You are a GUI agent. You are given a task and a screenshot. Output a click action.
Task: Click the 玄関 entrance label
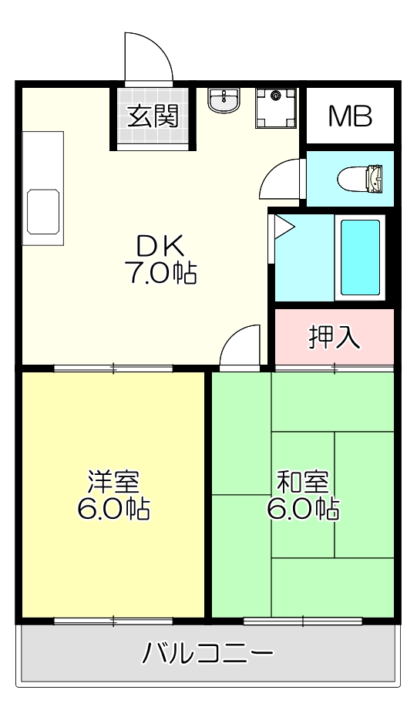(153, 116)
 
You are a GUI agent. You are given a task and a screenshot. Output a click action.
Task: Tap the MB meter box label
(350, 116)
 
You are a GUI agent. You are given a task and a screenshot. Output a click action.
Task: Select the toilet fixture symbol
(361, 179)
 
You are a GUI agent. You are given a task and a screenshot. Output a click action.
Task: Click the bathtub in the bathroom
(360, 258)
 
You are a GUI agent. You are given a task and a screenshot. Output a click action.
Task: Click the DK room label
(160, 246)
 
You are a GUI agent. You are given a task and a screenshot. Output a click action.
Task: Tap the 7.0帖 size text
(160, 272)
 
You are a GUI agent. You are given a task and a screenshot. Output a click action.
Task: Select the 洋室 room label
(113, 482)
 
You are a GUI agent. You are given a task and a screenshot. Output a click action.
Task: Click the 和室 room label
(303, 482)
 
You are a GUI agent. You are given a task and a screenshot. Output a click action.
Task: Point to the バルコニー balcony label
(208, 655)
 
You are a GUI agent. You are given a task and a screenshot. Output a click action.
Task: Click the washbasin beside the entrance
(224, 99)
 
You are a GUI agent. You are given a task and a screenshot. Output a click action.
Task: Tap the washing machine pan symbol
(274, 108)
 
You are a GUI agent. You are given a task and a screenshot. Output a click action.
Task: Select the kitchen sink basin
(43, 211)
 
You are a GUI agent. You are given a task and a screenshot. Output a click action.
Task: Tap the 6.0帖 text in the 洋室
(113, 509)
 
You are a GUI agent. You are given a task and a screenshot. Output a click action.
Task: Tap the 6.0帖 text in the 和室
(303, 509)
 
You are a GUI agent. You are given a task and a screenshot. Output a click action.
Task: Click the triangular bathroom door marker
(283, 226)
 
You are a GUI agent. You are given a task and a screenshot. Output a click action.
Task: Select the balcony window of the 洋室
(113, 620)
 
